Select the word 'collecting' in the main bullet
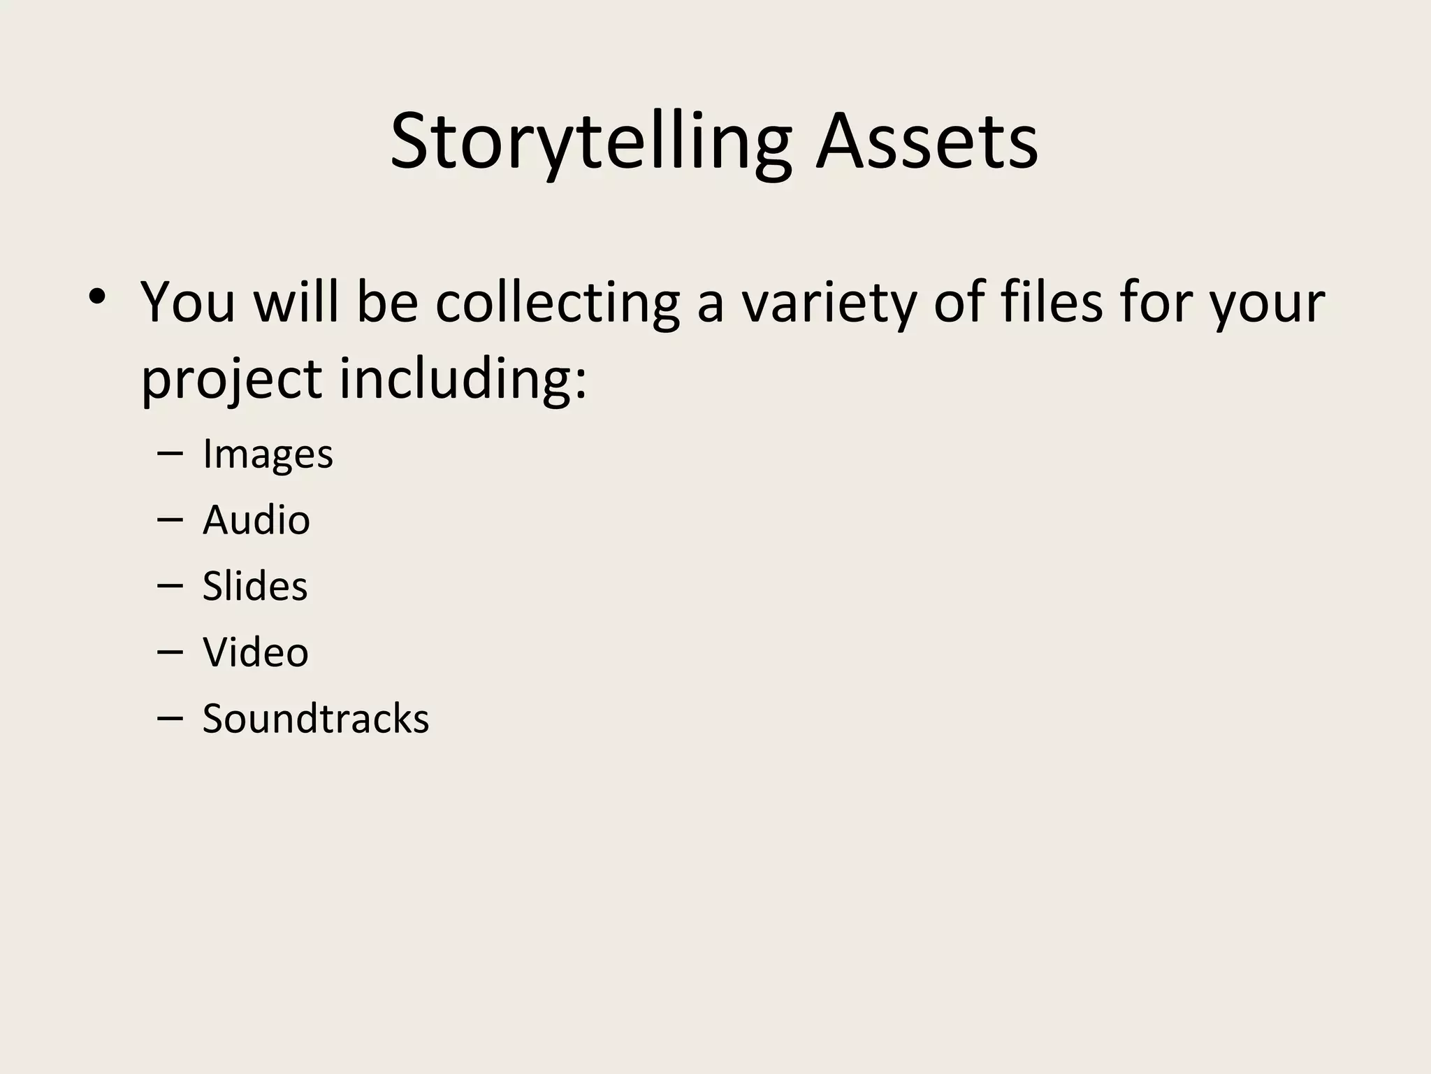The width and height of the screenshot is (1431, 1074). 557,303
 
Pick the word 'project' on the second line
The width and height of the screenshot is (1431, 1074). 231,380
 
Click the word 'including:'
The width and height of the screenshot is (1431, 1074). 463,380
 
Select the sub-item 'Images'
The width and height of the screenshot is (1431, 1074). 268,454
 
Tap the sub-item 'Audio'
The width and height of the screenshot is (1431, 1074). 256,520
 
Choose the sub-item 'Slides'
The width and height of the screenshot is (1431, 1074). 255,586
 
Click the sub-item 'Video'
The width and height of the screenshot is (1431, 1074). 256,652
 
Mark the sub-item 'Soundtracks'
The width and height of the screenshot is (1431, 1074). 316,718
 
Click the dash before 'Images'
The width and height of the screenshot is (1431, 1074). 170,454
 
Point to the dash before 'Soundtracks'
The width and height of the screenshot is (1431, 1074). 170,717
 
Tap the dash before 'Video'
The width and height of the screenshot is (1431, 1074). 170,652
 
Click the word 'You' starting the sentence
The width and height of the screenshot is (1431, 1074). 188,303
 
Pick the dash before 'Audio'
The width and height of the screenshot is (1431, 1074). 170,520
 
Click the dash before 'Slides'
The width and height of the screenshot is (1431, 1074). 170,585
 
